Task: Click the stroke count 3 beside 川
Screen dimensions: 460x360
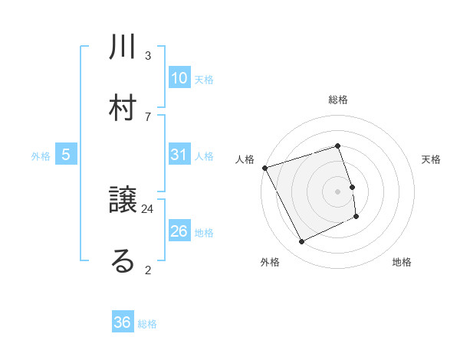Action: (x=148, y=56)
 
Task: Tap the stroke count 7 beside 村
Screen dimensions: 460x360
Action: (x=148, y=116)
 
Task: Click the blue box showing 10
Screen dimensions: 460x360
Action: (x=179, y=78)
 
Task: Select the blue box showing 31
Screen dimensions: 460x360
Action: (x=179, y=155)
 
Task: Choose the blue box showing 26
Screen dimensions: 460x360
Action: (x=179, y=231)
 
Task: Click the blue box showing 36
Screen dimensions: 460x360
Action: (x=123, y=322)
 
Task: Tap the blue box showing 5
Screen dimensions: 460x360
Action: (x=66, y=155)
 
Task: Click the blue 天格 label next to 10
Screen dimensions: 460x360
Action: (x=204, y=80)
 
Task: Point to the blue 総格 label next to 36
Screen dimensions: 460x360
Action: (x=147, y=324)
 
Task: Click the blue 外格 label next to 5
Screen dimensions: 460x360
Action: (x=41, y=156)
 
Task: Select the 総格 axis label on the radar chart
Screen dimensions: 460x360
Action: (x=338, y=100)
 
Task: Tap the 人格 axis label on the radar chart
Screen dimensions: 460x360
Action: (x=245, y=159)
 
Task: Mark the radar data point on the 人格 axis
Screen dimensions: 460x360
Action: (x=265, y=168)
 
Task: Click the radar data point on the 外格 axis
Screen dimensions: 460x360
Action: (x=302, y=242)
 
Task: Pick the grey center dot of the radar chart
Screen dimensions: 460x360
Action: (x=338, y=191)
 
